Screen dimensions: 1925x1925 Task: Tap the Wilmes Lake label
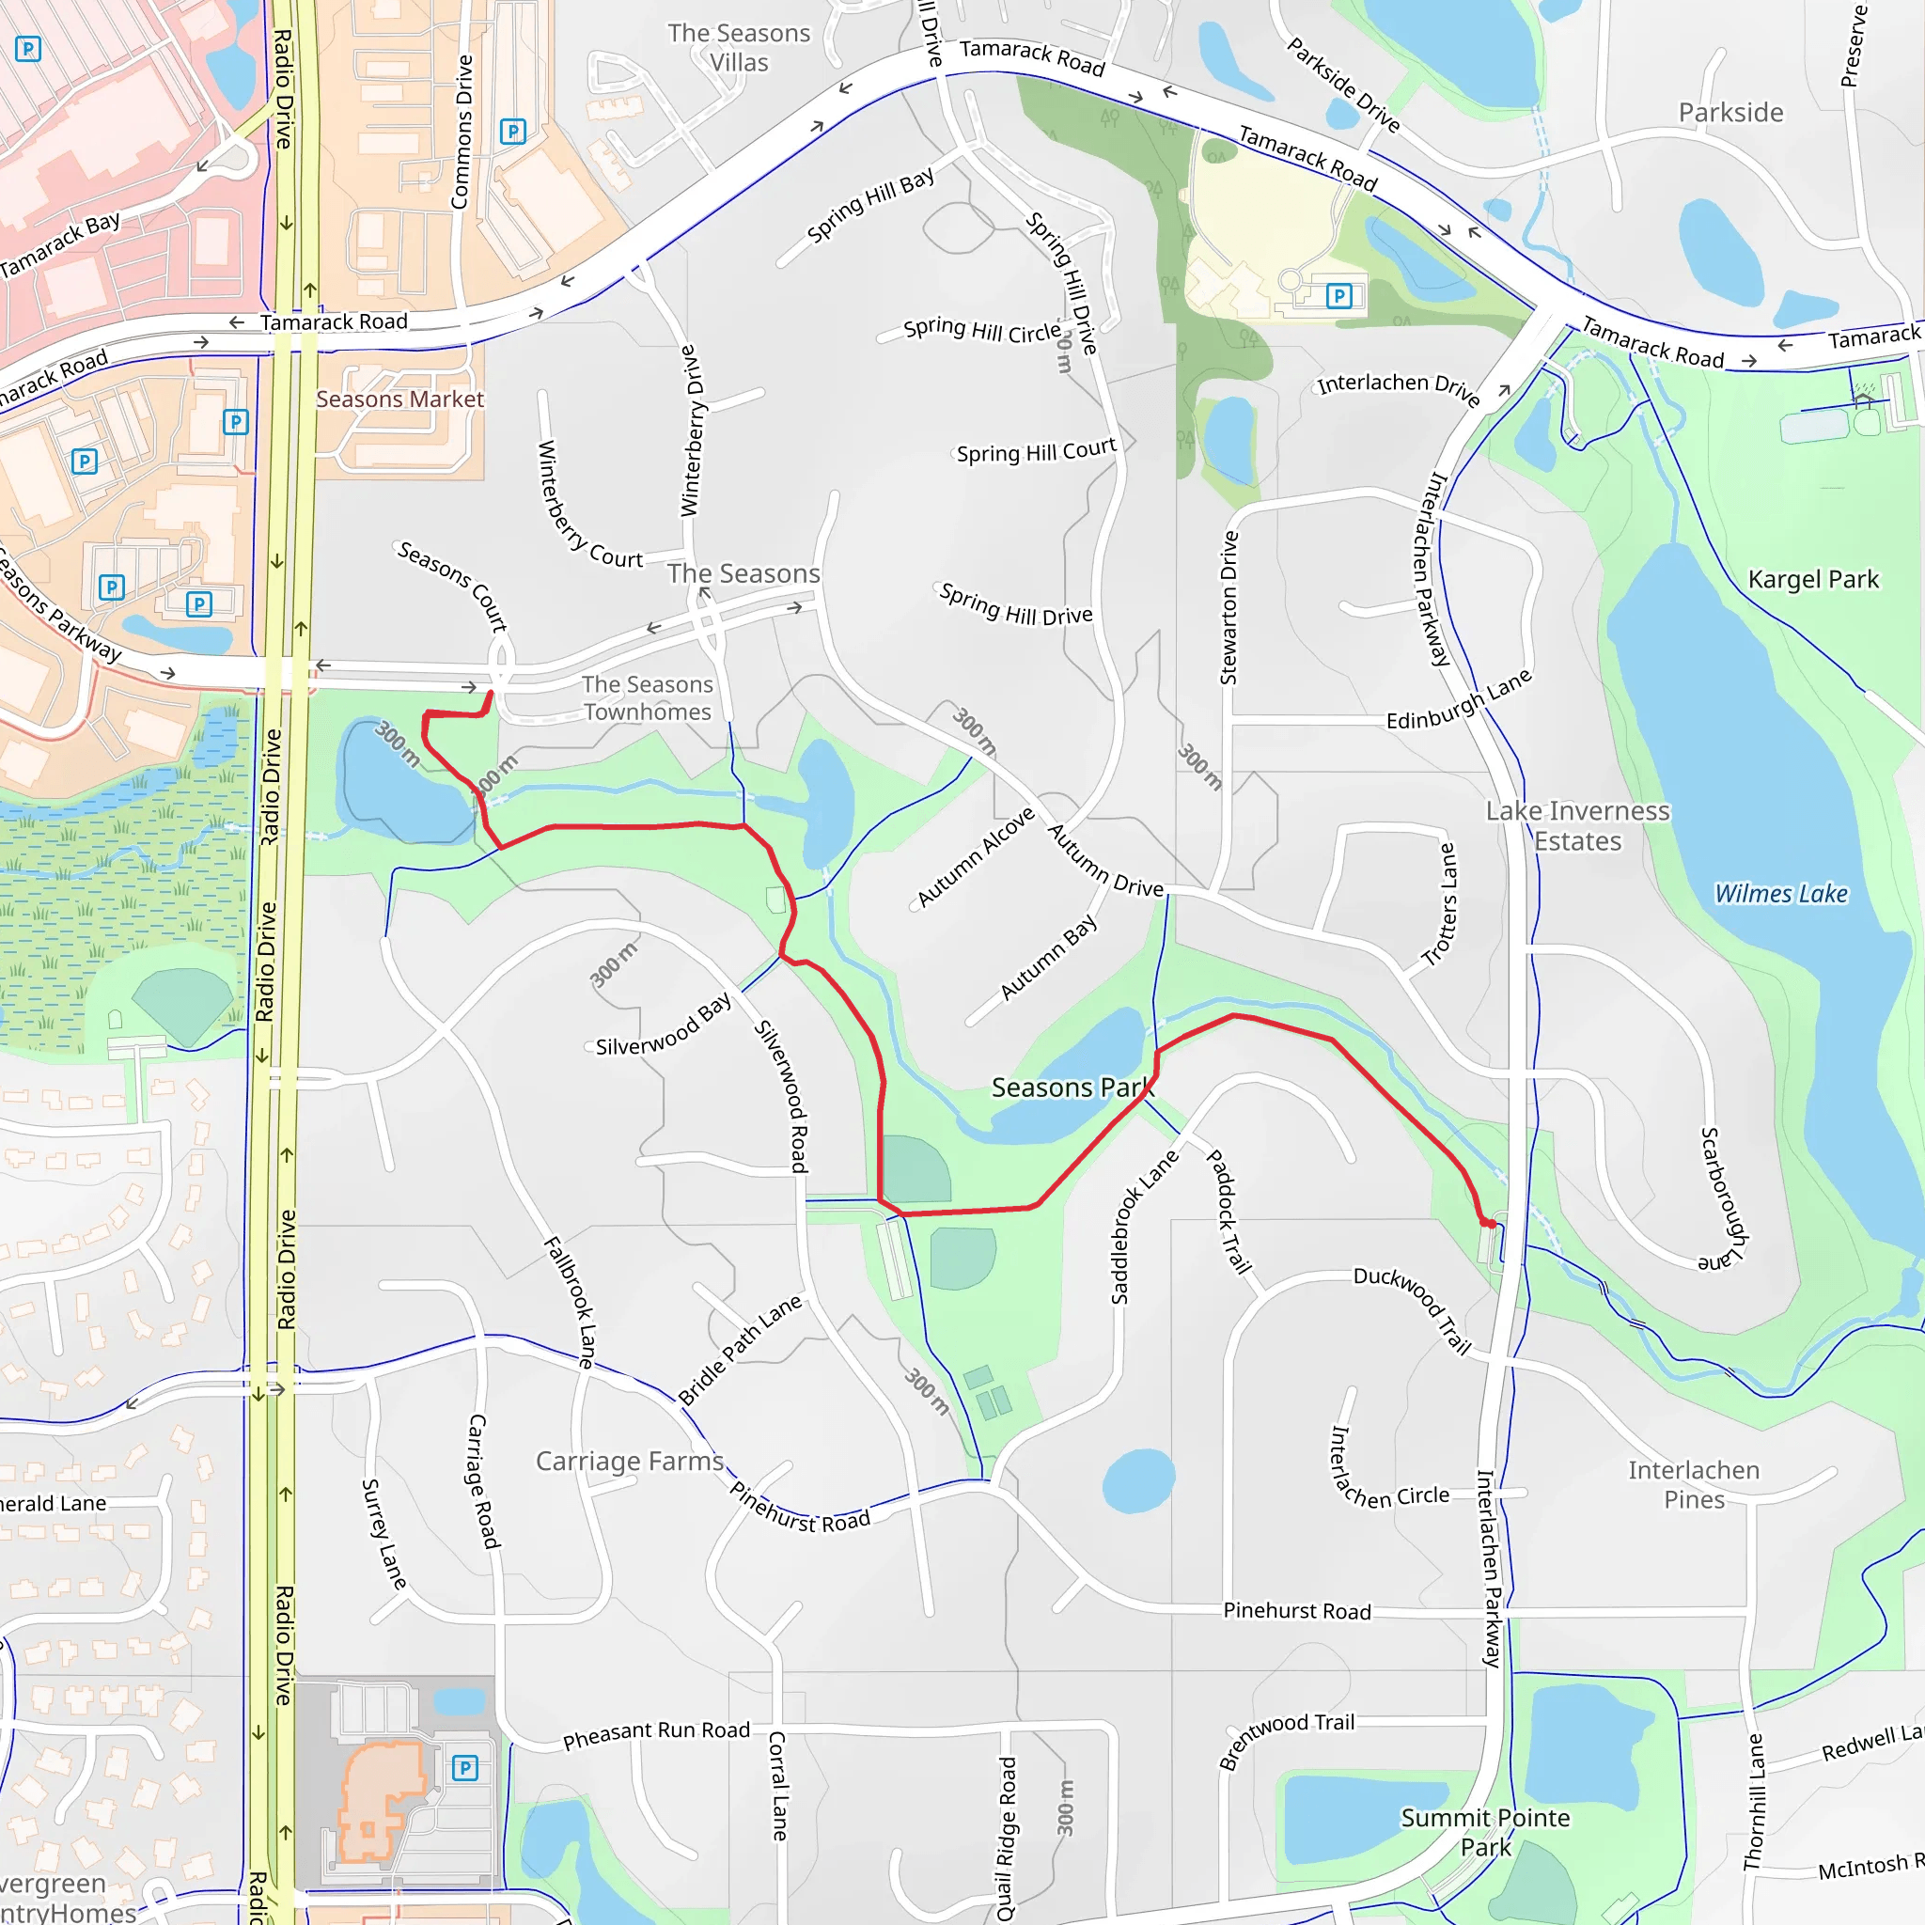[x=1779, y=894]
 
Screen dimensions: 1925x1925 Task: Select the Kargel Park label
[x=1812, y=580]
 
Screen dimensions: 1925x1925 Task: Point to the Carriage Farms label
[x=630, y=1462]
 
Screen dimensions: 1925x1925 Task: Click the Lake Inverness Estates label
[x=1577, y=826]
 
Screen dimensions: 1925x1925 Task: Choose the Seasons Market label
[x=399, y=399]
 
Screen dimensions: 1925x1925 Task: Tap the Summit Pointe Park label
[x=1484, y=1832]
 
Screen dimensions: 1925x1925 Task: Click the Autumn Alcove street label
[x=976, y=857]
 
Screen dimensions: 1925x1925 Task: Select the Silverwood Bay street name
[x=663, y=1025]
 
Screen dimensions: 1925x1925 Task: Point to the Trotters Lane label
[x=1440, y=905]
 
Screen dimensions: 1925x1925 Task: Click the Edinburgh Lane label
[x=1459, y=701]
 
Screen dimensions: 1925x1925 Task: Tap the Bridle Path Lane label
[x=741, y=1349]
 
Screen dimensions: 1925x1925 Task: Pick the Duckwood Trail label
[x=1413, y=1309]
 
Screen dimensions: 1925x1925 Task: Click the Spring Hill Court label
[x=1036, y=451]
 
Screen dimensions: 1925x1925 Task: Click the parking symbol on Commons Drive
[x=513, y=132]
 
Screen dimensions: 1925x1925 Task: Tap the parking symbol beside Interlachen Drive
[x=1339, y=296]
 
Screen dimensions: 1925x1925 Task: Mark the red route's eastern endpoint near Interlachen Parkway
[x=1492, y=1224]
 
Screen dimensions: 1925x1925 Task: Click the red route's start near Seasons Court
[x=491, y=694]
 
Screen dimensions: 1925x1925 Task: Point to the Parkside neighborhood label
[x=1730, y=113]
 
